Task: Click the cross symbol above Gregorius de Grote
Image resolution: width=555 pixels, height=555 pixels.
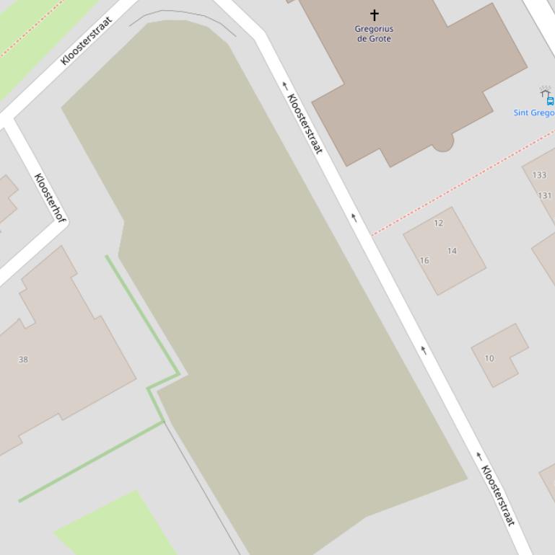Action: [x=375, y=14]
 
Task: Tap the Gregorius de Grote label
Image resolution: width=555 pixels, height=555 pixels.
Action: [x=374, y=34]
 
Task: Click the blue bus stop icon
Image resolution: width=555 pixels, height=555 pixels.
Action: [x=550, y=101]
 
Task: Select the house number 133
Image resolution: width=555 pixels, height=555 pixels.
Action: [x=539, y=175]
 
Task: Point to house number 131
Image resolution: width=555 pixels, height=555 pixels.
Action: [x=545, y=195]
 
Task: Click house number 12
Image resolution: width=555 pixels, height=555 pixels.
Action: [x=438, y=223]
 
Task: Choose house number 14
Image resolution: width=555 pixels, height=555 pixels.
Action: [x=452, y=251]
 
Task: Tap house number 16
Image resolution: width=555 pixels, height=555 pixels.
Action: [x=424, y=261]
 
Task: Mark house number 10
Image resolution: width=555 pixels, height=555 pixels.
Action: [x=489, y=358]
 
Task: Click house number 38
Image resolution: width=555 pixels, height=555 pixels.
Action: [x=23, y=360]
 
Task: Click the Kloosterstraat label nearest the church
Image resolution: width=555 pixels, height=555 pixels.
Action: [x=304, y=123]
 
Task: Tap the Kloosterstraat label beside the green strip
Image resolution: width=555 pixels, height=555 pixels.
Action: [x=87, y=41]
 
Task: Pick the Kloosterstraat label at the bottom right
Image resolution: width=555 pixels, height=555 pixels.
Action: [x=498, y=495]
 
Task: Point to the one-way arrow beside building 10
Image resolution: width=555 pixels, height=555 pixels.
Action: [x=424, y=350]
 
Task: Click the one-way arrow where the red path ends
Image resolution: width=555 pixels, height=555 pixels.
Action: [x=354, y=217]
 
